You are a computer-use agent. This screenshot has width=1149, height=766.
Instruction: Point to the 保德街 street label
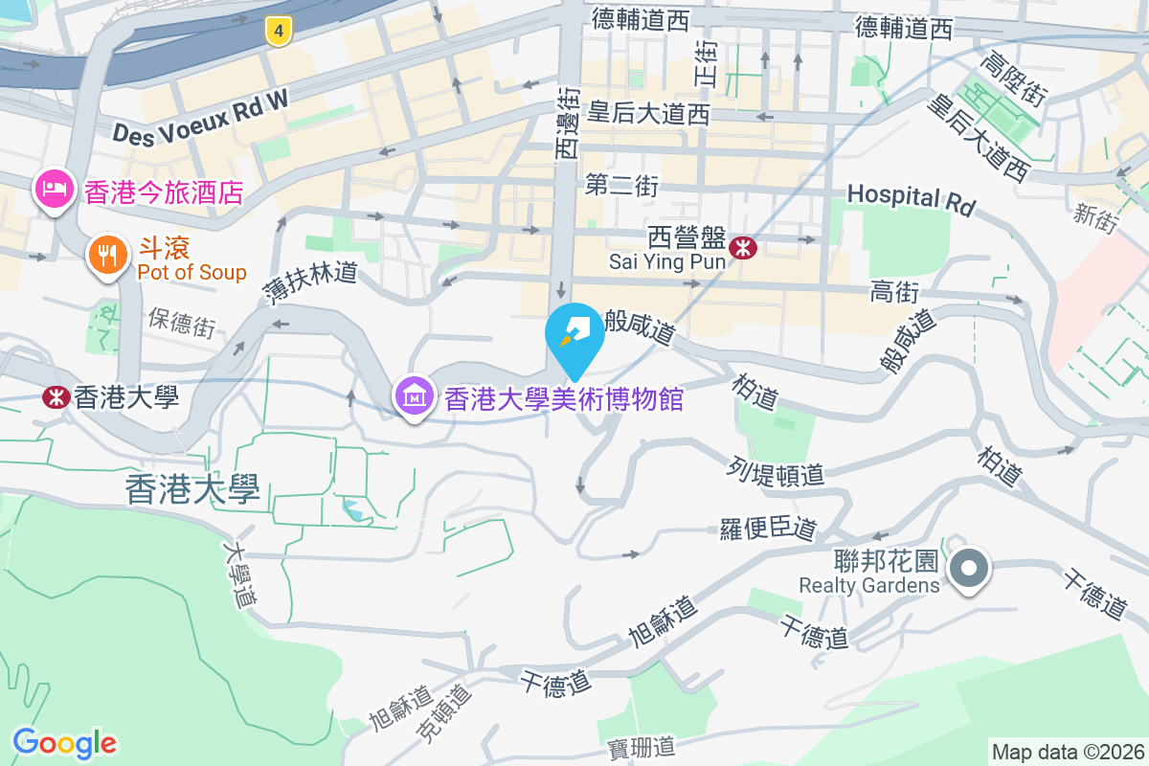tap(182, 323)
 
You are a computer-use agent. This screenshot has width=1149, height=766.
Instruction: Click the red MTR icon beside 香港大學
tap(56, 396)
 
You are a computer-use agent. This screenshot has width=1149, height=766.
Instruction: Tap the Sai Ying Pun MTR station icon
tap(743, 248)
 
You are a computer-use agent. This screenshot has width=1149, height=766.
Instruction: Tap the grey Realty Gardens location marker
tap(969, 568)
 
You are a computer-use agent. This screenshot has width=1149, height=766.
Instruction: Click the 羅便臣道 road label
tap(768, 529)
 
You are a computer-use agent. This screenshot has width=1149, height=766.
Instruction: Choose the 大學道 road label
tap(240, 574)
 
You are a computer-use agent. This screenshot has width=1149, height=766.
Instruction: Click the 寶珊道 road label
tap(642, 748)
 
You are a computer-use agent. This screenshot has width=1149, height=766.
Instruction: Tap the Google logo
tap(64, 743)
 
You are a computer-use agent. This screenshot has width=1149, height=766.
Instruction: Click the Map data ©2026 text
tap(1068, 753)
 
